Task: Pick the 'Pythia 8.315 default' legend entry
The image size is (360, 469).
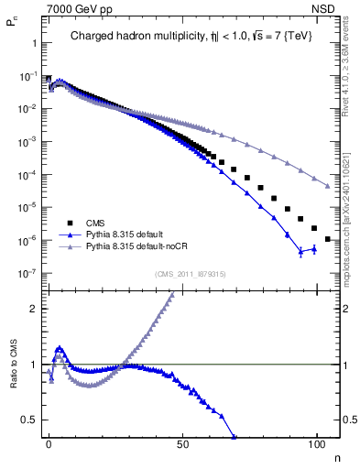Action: pos(126,234)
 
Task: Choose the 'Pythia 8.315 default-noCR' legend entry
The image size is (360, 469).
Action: pos(137,246)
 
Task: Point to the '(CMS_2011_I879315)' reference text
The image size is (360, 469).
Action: pos(191,272)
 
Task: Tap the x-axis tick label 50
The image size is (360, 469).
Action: pos(183,444)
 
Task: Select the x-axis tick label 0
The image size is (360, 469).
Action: pos(49,444)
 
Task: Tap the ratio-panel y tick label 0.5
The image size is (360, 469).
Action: pos(29,420)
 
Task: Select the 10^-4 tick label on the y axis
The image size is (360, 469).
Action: pos(27,175)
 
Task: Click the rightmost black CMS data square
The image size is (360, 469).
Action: pos(328,239)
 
